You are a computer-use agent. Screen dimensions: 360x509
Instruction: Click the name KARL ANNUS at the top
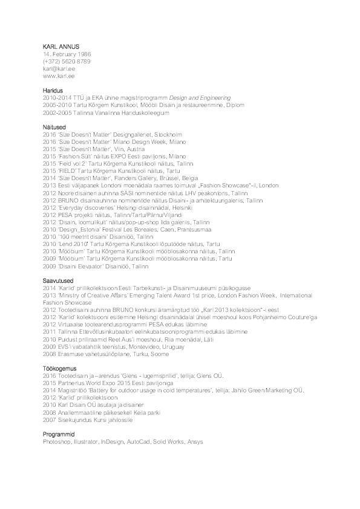tap(61, 47)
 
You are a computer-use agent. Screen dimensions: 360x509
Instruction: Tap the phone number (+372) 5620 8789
tap(67, 61)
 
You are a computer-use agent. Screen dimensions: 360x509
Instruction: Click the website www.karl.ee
tap(59, 76)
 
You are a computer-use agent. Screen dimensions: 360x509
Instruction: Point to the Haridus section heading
tap(54, 90)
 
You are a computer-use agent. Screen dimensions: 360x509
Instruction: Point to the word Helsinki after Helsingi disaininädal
tap(155, 207)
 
